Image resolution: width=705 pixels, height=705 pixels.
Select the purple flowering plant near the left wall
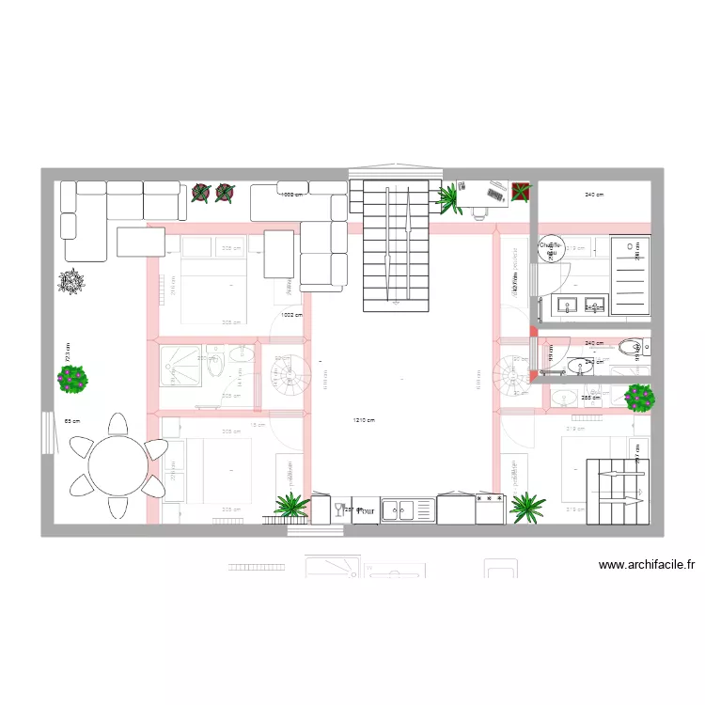72,379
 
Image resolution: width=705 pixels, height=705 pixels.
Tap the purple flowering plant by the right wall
639,398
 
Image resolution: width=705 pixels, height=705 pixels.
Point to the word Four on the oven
366,511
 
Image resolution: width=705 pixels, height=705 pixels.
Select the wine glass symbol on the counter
338,510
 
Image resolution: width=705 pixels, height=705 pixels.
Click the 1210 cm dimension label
364,420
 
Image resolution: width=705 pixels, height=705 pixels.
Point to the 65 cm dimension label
70,421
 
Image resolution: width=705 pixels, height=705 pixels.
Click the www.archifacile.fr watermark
647,566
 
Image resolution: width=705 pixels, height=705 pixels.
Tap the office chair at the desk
481,211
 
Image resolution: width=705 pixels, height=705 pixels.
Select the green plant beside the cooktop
527,508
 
